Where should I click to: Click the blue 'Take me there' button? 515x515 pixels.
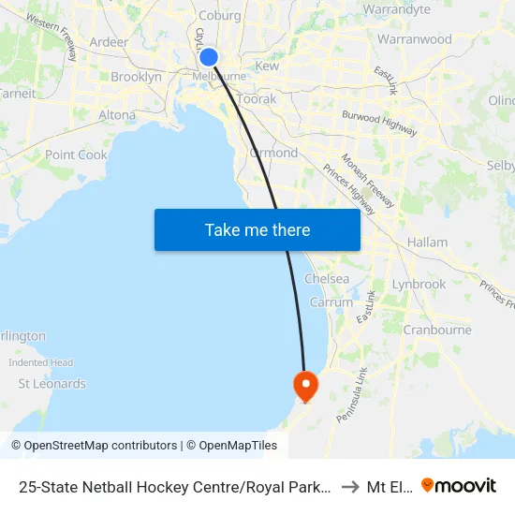(x=257, y=229)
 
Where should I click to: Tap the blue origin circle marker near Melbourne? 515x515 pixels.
(x=209, y=58)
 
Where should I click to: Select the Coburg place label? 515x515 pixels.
(x=219, y=14)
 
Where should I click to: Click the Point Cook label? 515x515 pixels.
(x=76, y=154)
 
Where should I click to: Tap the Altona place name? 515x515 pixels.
(x=117, y=115)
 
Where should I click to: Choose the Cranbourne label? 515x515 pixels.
(x=436, y=330)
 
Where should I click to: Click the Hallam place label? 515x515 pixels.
(x=428, y=242)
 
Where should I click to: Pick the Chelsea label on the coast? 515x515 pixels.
(x=327, y=279)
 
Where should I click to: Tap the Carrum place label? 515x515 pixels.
(x=331, y=302)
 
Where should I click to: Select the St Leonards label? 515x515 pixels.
(x=52, y=383)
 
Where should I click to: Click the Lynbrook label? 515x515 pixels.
(x=419, y=284)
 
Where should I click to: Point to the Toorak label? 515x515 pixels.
(x=257, y=98)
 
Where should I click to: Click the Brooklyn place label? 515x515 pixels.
(x=137, y=77)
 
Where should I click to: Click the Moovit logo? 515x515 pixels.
(x=459, y=486)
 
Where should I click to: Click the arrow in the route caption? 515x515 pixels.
(x=349, y=487)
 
